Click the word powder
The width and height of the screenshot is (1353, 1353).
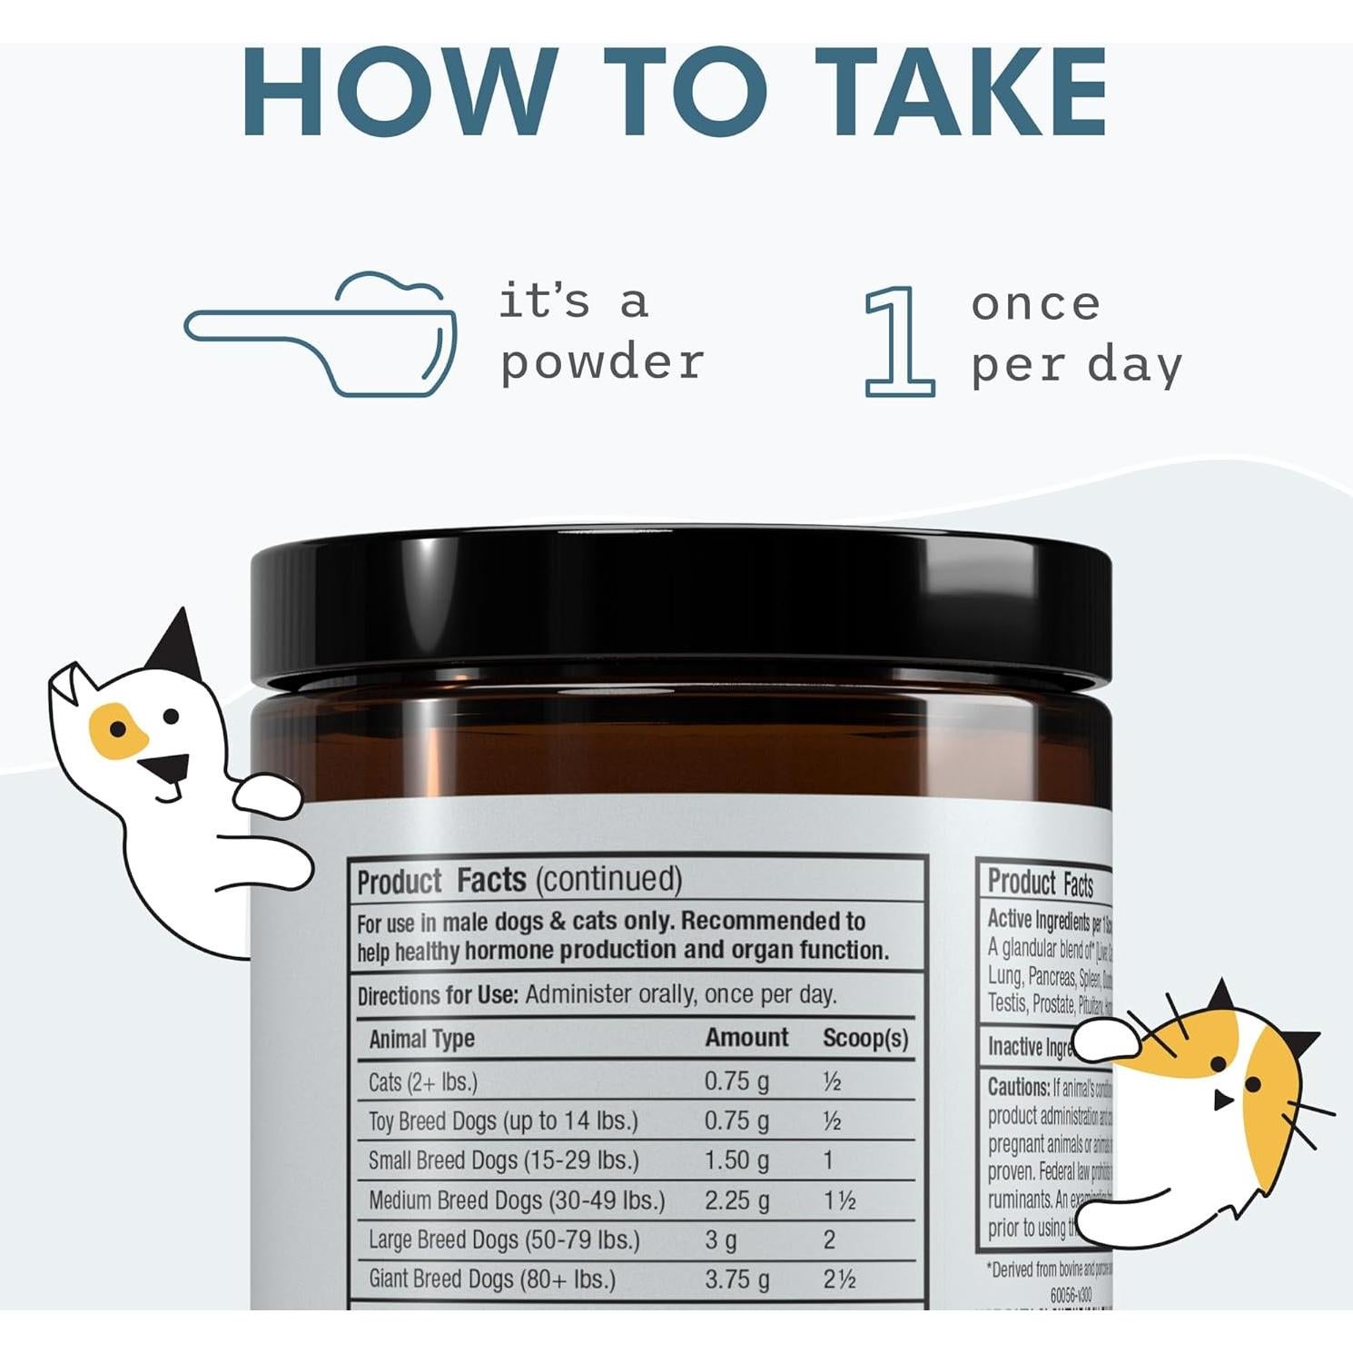[602, 362]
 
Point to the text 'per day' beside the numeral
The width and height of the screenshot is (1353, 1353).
[1076, 365]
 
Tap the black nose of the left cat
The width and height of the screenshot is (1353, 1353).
[165, 769]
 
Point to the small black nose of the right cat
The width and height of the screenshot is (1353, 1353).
[1222, 1101]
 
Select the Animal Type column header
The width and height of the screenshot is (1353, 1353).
[421, 1039]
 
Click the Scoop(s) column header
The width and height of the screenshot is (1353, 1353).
[864, 1039]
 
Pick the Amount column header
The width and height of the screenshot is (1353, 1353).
[746, 1038]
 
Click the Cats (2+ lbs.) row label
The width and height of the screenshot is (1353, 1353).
[422, 1081]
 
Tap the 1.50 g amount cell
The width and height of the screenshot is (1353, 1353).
[736, 1160]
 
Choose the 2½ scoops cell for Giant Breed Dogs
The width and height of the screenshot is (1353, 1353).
[839, 1279]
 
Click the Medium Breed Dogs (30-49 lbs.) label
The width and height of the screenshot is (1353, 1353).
[516, 1200]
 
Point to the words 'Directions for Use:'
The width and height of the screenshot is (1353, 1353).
[438, 995]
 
